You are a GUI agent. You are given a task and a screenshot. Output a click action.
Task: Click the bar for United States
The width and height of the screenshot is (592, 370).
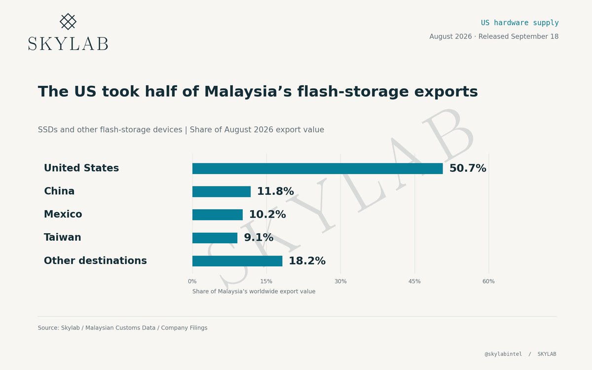coord(317,169)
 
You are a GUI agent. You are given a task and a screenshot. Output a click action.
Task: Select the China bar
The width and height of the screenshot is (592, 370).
coord(222,191)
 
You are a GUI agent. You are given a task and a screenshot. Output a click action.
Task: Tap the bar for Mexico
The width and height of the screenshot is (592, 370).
coord(218,215)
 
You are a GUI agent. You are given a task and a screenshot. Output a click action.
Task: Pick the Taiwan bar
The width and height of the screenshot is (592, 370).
coord(215,238)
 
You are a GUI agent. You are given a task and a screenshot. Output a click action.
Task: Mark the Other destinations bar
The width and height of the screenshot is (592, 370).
coord(237,261)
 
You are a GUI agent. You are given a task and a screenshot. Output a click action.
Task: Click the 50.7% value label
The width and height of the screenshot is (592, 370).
coord(468,168)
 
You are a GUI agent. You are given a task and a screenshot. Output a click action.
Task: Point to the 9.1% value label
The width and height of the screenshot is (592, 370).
coord(259,238)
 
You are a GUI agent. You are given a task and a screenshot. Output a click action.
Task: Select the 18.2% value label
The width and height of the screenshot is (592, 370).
coord(307,261)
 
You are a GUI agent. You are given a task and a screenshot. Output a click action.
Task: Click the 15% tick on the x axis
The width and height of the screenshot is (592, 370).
coord(266,281)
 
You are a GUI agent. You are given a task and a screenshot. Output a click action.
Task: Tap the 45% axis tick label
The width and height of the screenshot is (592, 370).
coord(414,281)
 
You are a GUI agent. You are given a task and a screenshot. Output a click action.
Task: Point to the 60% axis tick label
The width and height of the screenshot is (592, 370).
coord(488,281)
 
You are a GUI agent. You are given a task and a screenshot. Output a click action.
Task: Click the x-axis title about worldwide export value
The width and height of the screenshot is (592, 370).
coord(254,292)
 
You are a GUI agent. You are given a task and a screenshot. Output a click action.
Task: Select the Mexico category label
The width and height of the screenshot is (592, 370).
coord(63,214)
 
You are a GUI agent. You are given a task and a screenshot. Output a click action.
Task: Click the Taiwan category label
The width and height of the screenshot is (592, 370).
coord(62,237)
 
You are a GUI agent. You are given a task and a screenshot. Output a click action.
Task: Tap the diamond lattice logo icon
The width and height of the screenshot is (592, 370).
coord(68,22)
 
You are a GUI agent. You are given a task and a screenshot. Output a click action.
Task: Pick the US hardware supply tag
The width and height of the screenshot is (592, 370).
coord(519,23)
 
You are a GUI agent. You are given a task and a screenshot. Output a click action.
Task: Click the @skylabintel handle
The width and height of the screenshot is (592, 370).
coord(503,354)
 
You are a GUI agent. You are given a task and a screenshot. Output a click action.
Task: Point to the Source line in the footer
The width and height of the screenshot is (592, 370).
coord(123,328)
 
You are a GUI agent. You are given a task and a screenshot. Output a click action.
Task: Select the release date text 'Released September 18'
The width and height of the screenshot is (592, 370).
coord(518,37)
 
